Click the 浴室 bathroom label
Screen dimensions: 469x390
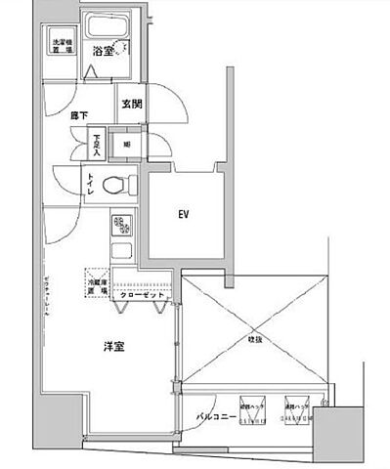[x=103, y=50]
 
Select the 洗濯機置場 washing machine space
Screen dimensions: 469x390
[x=63, y=46]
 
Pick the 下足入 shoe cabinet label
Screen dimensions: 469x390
[x=97, y=146]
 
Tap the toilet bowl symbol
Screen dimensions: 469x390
[x=118, y=184]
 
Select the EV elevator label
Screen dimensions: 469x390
[x=183, y=212]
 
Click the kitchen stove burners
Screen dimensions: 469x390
[x=123, y=228]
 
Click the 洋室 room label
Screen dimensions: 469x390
[x=114, y=346]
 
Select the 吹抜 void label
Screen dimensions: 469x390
[x=253, y=338]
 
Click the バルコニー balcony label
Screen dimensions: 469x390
[x=211, y=415]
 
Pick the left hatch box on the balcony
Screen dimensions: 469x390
[x=253, y=411]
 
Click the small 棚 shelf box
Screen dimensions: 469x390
[x=127, y=144]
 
